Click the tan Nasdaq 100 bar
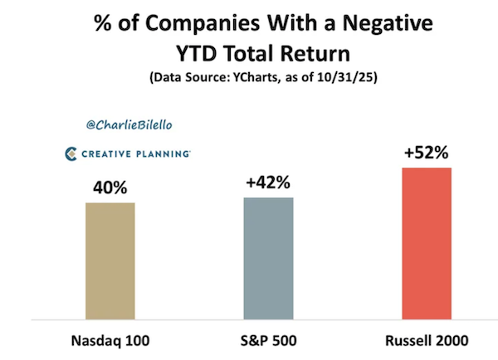coord(110,260)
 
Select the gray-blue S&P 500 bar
coord(268,257)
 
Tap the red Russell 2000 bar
coord(426,243)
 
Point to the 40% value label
coord(110,188)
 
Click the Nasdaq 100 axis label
coord(110,340)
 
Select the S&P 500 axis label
coord(267,340)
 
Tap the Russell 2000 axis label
coord(426,340)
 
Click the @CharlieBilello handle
coord(124,125)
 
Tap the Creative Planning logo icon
coord(71,153)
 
